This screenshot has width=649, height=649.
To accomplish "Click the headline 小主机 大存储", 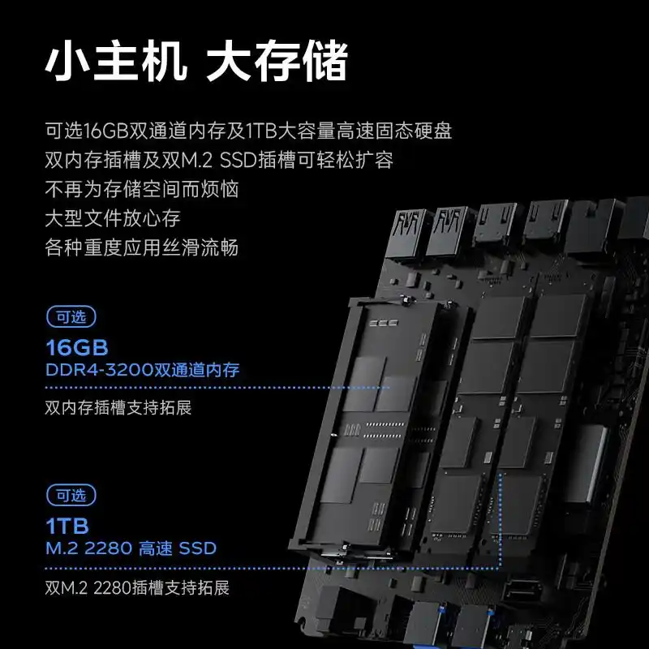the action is click(196, 61).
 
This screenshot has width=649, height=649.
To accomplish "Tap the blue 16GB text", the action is click(77, 348).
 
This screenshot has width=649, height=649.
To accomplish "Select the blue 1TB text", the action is click(67, 527).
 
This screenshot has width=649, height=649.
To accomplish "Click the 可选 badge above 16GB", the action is click(71, 316).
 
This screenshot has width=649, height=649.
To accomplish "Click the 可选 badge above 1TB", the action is click(71, 496).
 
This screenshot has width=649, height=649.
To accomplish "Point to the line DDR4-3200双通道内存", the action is click(143, 370).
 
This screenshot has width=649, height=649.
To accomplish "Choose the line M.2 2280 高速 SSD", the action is click(131, 548).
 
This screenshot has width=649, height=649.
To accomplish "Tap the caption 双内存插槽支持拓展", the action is click(118, 408).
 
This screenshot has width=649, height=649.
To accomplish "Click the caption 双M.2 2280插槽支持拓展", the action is click(137, 587).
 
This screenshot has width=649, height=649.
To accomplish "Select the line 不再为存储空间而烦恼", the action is click(141, 189).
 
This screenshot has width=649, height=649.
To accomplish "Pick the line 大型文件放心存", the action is click(113, 218).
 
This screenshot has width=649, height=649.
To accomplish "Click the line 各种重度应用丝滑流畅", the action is click(141, 247).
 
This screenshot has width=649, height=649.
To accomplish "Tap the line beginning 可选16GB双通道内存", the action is click(248, 131).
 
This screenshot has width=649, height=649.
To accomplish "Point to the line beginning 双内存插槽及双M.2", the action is click(219, 160).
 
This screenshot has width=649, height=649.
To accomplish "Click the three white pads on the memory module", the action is click(384, 323).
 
